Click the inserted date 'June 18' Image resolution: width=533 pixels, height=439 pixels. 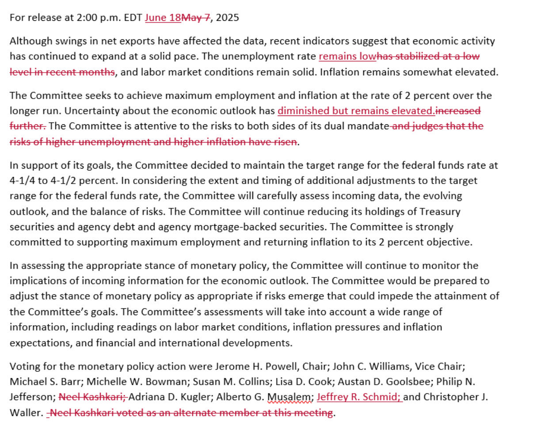(x=163, y=18)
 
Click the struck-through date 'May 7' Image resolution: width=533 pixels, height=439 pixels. (x=195, y=18)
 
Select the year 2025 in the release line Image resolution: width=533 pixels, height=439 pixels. (x=228, y=18)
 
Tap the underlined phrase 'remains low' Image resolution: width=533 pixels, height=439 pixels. (x=347, y=57)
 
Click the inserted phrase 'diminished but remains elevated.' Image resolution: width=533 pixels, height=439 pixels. (x=356, y=111)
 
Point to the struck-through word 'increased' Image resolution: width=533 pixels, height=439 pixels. (x=458, y=111)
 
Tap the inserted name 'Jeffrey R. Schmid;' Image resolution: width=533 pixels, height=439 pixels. (x=359, y=397)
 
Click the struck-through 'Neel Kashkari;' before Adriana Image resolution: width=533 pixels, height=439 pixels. (x=93, y=397)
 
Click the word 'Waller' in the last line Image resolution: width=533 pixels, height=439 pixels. (x=26, y=412)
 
